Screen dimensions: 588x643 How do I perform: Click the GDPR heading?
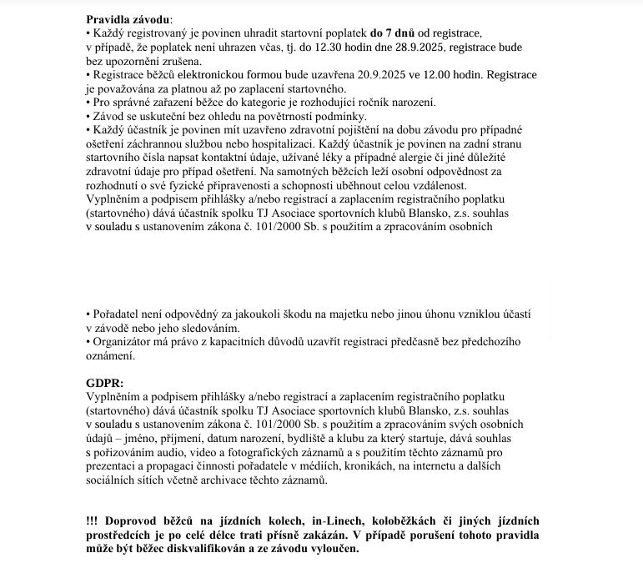[x=105, y=382]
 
